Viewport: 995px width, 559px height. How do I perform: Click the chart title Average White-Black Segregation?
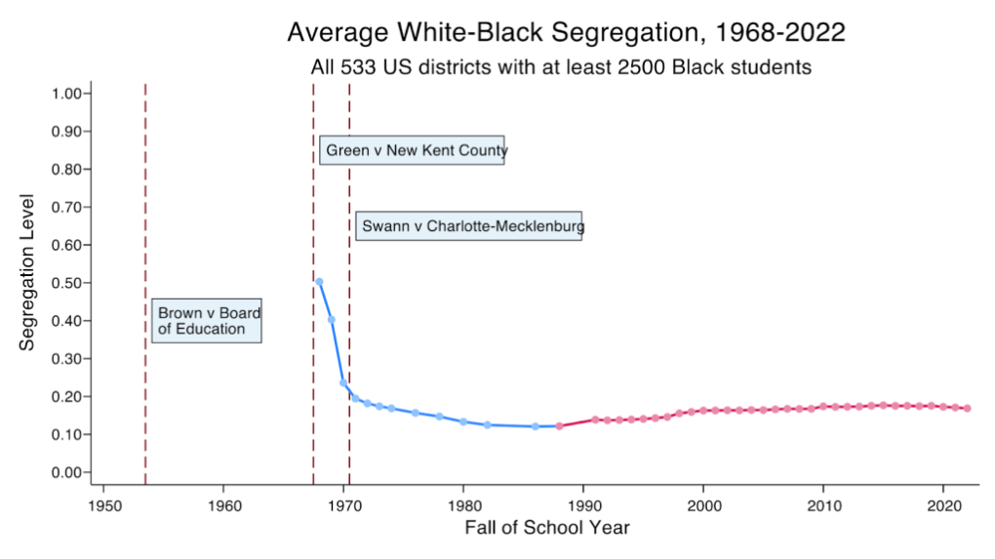[566, 32]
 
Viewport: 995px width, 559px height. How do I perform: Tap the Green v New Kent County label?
[411, 150]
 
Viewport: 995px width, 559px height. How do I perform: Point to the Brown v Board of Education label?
[206, 320]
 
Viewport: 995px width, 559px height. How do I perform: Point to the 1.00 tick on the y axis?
[69, 94]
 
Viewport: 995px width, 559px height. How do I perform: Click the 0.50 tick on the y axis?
[69, 283]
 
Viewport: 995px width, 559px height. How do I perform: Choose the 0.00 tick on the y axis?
[69, 472]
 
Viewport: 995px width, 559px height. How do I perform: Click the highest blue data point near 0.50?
[319, 282]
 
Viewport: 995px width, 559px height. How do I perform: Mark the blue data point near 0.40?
[332, 320]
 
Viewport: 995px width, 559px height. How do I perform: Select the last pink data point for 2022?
[968, 408]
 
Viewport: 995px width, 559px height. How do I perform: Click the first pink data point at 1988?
[559, 426]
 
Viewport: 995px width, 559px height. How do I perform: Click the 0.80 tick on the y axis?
[69, 170]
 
